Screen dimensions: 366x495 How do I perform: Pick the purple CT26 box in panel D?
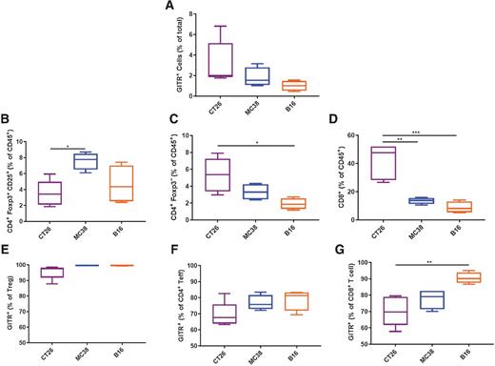point(384,163)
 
